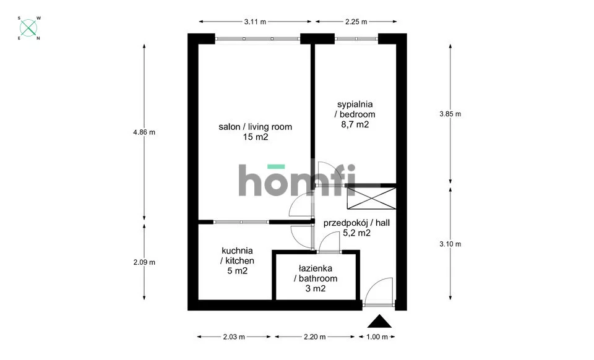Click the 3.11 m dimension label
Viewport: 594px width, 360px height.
pos(255,22)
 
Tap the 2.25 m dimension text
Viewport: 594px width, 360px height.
pos(356,22)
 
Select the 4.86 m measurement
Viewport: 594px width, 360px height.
pos(144,132)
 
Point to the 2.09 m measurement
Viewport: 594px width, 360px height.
pos(144,262)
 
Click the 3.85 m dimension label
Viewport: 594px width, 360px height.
pos(450,114)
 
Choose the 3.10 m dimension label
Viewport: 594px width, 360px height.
pos(450,244)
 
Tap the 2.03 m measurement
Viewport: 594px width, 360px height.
pos(234,336)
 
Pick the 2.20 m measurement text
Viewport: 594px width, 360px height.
pos(315,336)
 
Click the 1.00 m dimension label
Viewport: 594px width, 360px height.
pos(377,336)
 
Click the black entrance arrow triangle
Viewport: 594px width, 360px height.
pos(379,322)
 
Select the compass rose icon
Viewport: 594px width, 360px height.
pos(29,28)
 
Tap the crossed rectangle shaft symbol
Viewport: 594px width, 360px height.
pos(372,198)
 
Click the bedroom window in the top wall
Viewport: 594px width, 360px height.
pos(356,38)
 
